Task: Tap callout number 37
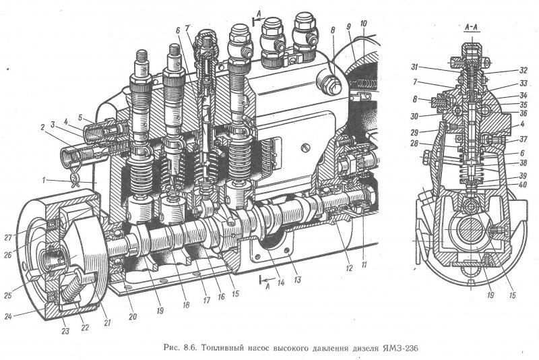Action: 524,140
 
